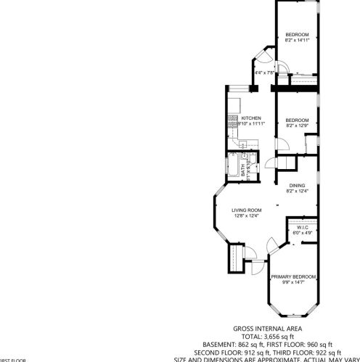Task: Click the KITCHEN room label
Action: (x=251, y=118)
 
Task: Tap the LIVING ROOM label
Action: (x=246, y=210)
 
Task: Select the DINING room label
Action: (x=297, y=185)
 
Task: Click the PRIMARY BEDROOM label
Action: (x=293, y=276)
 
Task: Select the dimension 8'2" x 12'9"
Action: (x=297, y=126)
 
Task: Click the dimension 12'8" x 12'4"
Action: (x=246, y=215)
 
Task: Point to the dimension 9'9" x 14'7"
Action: (x=293, y=282)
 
